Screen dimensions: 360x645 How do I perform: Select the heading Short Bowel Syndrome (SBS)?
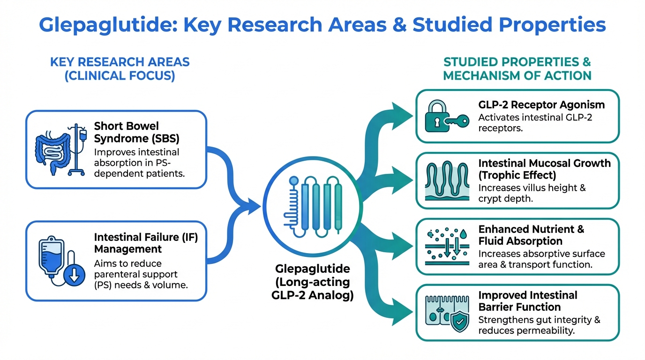tap(127, 133)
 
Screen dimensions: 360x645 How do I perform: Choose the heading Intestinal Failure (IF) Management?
tap(146, 243)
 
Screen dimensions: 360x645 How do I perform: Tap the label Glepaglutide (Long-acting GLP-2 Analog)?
tap(312, 282)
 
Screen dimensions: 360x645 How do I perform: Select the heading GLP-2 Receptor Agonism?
tap(541, 105)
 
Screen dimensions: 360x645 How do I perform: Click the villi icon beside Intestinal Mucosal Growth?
tap(446, 180)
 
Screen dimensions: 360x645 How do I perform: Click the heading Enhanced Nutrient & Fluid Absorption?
tap(531, 235)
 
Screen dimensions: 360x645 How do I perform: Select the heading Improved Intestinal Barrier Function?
tap(527, 301)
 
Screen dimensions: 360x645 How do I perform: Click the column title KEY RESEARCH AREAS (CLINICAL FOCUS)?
tap(120, 69)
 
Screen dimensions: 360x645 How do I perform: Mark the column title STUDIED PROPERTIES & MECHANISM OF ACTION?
tap(517, 69)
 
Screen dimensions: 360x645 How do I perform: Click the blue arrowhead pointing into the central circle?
tap(254, 204)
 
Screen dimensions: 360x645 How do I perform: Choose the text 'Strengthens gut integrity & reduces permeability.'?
tap(539, 325)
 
